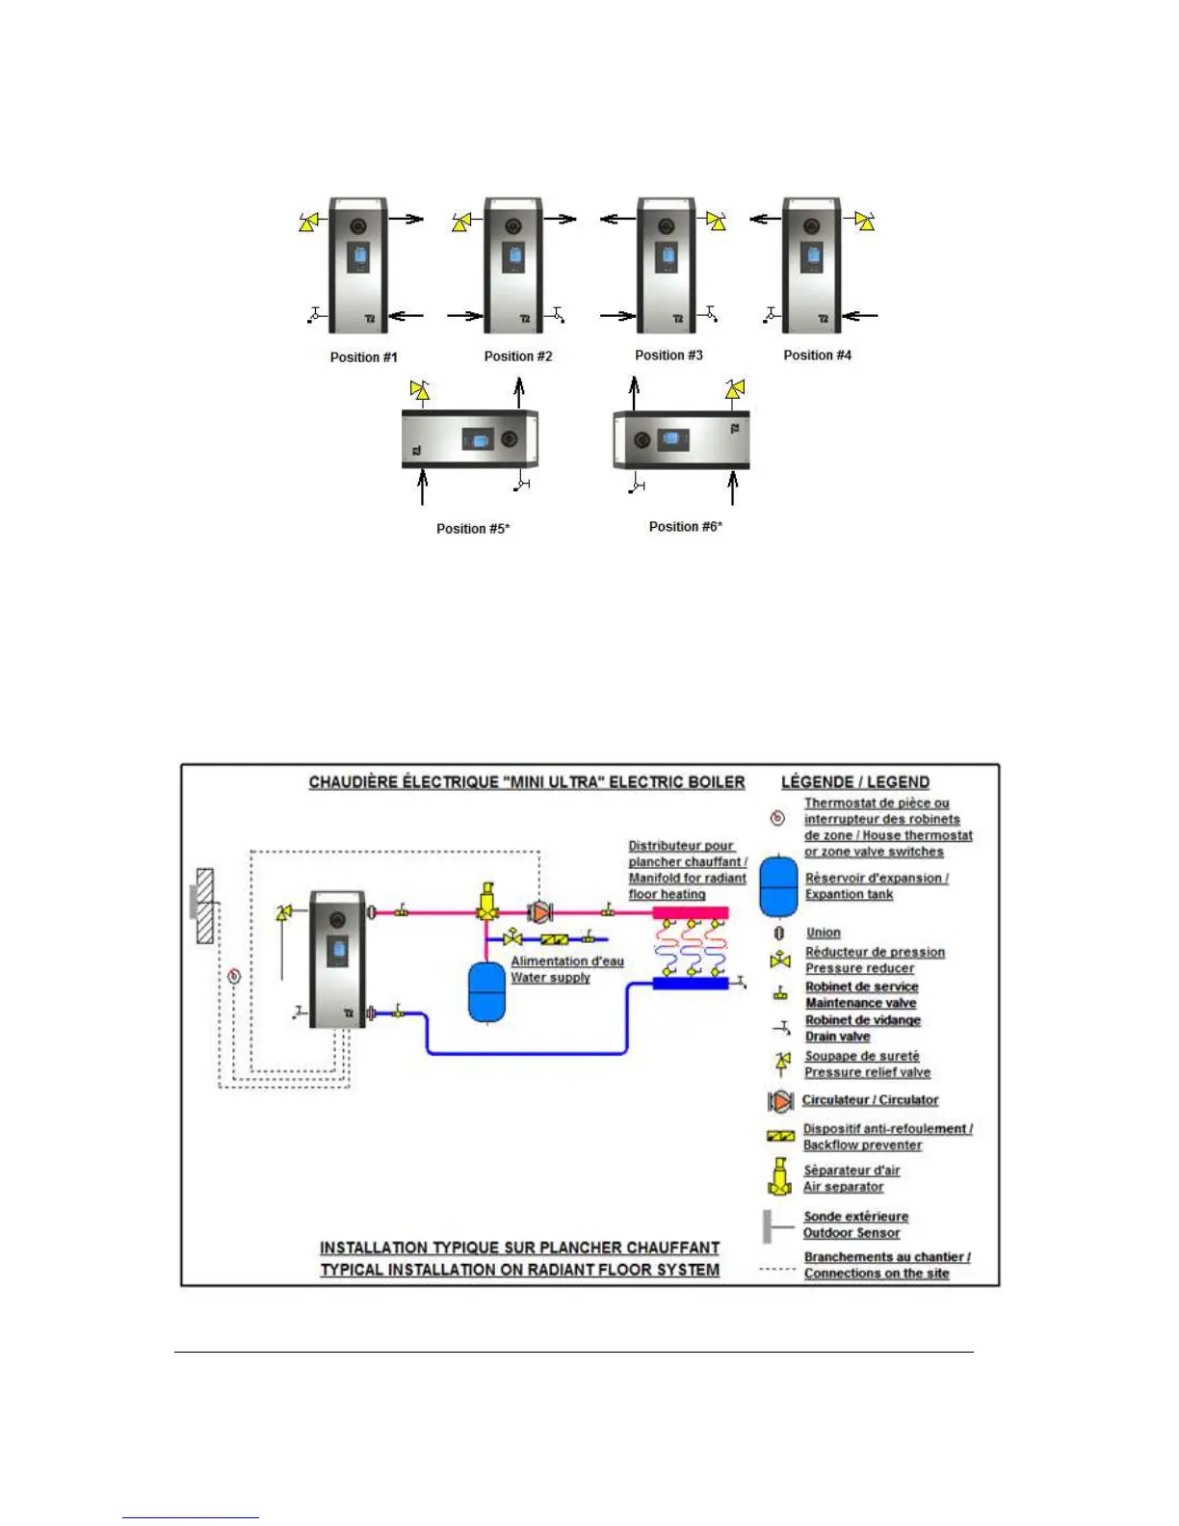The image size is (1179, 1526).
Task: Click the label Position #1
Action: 363,357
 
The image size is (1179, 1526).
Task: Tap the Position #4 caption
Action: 817,355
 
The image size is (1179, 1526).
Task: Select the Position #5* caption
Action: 473,529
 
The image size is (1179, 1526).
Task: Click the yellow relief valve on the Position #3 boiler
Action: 716,221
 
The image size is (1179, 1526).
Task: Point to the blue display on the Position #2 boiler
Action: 513,257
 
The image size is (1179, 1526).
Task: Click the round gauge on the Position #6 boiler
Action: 641,441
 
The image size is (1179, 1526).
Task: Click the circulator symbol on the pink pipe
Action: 540,911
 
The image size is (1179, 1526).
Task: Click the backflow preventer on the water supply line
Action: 554,939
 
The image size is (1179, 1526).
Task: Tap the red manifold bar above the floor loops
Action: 690,912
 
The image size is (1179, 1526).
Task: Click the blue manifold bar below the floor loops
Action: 690,984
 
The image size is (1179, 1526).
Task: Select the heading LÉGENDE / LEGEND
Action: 855,782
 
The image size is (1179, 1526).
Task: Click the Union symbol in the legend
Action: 779,933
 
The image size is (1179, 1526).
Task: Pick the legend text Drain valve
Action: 837,1037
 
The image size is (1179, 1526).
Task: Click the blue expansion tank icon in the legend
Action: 778,886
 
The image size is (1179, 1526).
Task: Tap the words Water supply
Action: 550,978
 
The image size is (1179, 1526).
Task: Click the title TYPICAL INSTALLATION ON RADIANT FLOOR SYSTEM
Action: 520,1270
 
